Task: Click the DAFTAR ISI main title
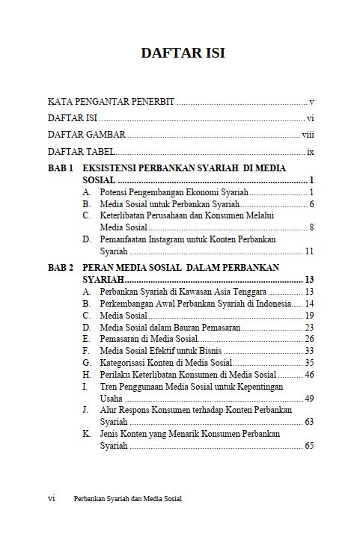point(183,53)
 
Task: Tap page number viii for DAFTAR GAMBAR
point(307,135)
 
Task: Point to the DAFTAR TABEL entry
point(78,152)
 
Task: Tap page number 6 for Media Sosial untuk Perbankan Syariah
point(311,204)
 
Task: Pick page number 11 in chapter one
point(308,251)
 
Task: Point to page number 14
point(308,303)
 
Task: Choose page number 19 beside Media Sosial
point(308,315)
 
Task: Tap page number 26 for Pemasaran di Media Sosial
point(308,339)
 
